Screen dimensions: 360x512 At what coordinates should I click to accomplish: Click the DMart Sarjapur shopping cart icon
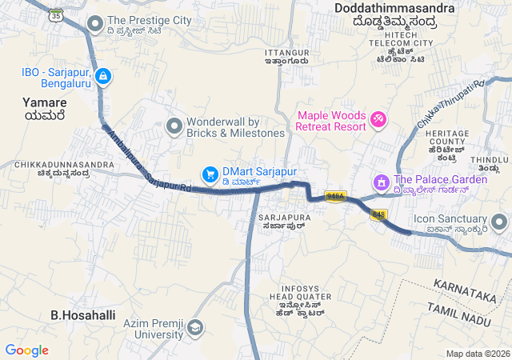(x=210, y=173)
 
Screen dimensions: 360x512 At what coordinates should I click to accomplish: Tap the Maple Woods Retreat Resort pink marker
(x=378, y=120)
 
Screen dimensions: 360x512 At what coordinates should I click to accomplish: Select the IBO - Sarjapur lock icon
(x=102, y=77)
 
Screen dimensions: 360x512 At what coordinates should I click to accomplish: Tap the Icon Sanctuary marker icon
(x=500, y=220)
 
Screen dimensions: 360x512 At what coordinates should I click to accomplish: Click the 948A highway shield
(x=335, y=197)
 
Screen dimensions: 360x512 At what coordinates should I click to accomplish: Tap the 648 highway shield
(x=378, y=214)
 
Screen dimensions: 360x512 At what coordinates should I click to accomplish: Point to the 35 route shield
(x=54, y=15)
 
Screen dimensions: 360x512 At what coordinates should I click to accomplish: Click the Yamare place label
(x=46, y=103)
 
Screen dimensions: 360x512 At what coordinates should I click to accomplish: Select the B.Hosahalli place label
(x=78, y=315)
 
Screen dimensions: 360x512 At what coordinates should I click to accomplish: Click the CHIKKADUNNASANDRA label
(x=64, y=165)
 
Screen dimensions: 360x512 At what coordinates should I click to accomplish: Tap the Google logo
(x=27, y=350)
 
